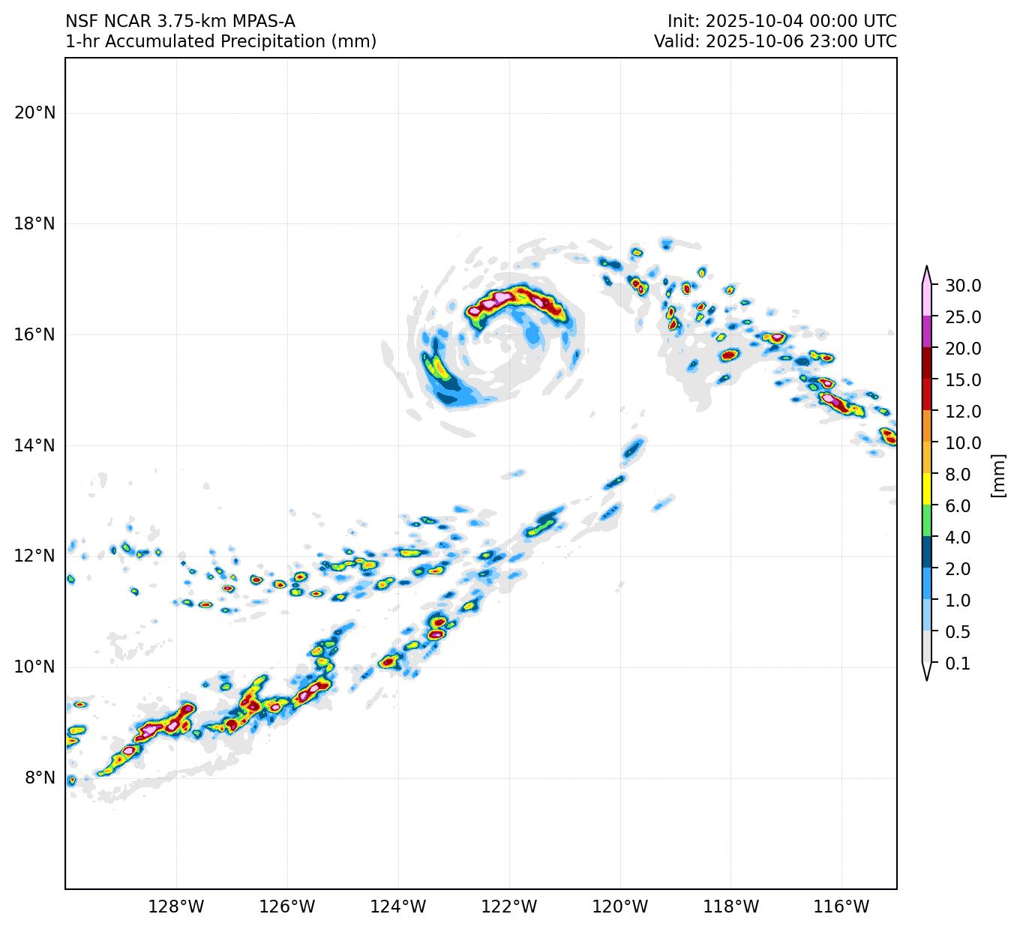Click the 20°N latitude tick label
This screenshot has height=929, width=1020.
(34, 113)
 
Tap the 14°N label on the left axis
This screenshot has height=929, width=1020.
(34, 445)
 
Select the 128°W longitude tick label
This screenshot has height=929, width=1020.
(176, 907)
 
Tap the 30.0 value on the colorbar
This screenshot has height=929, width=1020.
(963, 286)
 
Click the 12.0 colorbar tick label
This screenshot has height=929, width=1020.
(963, 412)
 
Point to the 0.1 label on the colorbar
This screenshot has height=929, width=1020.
(958, 664)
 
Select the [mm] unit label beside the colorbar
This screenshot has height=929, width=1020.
(997, 475)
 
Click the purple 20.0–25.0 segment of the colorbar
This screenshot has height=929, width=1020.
(927, 332)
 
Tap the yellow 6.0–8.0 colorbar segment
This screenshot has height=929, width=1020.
(927, 490)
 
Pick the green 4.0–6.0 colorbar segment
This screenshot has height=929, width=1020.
(927, 521)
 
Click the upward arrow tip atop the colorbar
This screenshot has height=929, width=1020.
(927, 268)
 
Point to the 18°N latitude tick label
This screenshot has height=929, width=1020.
(34, 223)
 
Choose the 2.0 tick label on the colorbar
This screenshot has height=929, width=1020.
(958, 569)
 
